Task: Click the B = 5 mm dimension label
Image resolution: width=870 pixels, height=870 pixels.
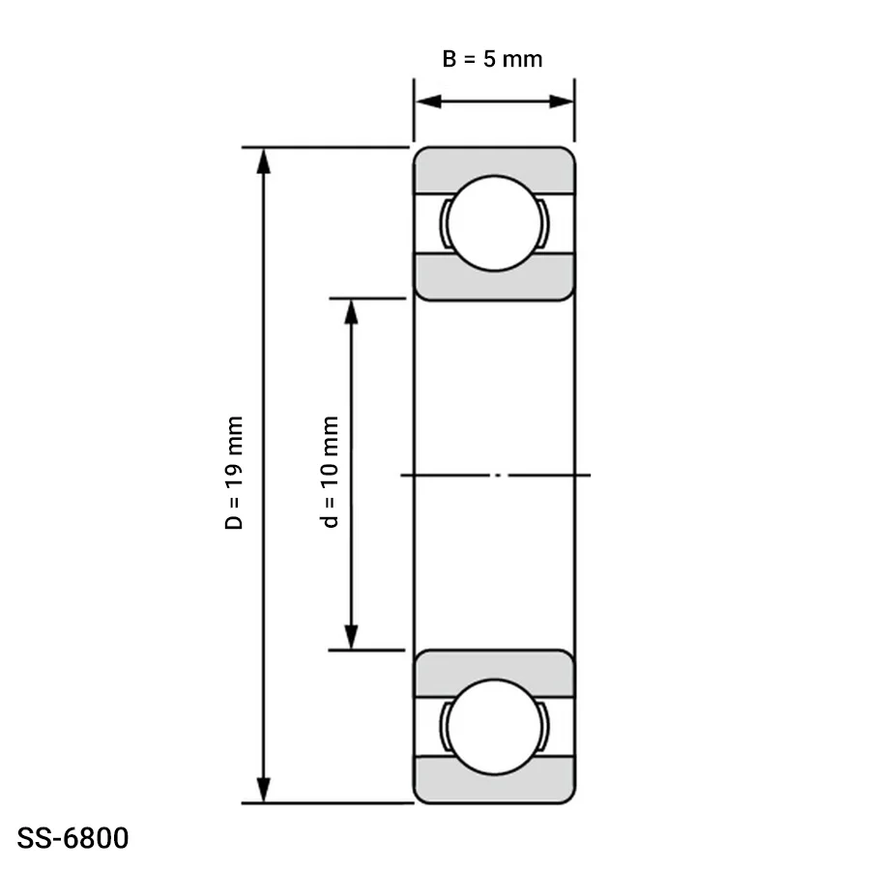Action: (x=492, y=59)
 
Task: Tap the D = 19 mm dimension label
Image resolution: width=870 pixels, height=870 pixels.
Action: (x=234, y=473)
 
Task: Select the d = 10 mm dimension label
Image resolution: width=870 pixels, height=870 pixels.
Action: (x=330, y=472)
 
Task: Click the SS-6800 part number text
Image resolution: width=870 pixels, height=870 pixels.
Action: (x=72, y=838)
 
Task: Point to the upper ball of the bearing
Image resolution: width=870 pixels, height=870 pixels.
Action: (x=494, y=223)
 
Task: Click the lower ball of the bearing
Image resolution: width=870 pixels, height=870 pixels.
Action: (x=494, y=727)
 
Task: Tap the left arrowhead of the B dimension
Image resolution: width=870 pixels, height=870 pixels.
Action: (x=428, y=101)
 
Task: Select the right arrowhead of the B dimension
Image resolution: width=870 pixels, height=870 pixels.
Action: (x=561, y=101)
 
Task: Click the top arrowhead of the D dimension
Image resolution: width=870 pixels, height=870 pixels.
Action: (x=264, y=160)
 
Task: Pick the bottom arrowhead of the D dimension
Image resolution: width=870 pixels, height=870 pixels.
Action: (x=264, y=790)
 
